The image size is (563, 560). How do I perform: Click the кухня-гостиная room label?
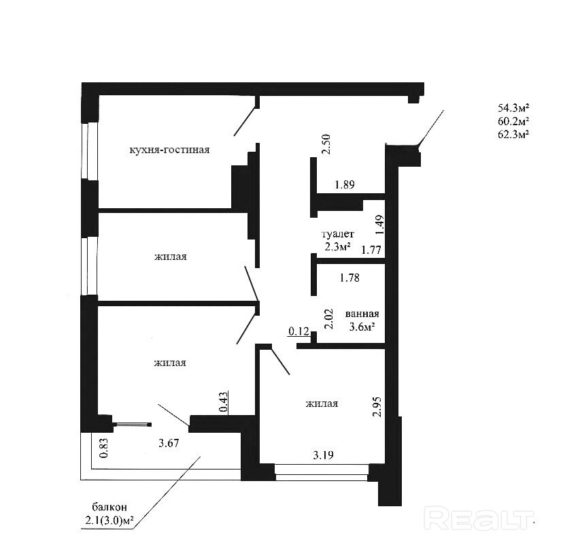click(x=169, y=150)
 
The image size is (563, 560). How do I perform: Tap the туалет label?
click(x=338, y=234)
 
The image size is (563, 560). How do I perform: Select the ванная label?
click(x=362, y=314)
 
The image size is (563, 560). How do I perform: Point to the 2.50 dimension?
click(x=326, y=144)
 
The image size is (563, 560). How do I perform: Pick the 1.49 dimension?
click(x=380, y=224)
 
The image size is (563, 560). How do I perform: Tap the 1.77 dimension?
click(x=371, y=250)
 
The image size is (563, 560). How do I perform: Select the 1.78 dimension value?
click(x=349, y=277)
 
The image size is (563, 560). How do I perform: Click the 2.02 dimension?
click(x=328, y=319)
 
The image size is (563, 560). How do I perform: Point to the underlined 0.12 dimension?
click(x=298, y=331)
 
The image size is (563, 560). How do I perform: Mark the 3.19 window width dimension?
click(x=324, y=455)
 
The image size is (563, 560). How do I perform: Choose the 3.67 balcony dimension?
click(x=169, y=444)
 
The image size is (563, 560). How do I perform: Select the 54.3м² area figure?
click(x=513, y=108)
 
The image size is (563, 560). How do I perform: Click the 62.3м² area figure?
click(x=513, y=134)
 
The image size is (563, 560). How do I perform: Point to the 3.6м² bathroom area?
click(x=360, y=327)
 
